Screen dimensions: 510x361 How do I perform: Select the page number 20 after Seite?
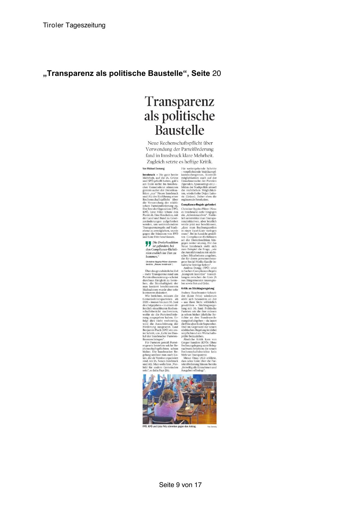point(216,74)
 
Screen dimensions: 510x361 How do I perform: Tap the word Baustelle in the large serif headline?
point(179,130)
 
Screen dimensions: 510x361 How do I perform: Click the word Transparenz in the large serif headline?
point(179,101)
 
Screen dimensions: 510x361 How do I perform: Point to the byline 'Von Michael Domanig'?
point(154,169)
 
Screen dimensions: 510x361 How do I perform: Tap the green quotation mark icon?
point(148,244)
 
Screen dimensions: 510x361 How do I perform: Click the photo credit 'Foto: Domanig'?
point(212,427)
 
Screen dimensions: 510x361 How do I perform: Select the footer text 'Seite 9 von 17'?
point(180,485)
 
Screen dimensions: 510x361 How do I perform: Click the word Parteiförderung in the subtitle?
point(198,149)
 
